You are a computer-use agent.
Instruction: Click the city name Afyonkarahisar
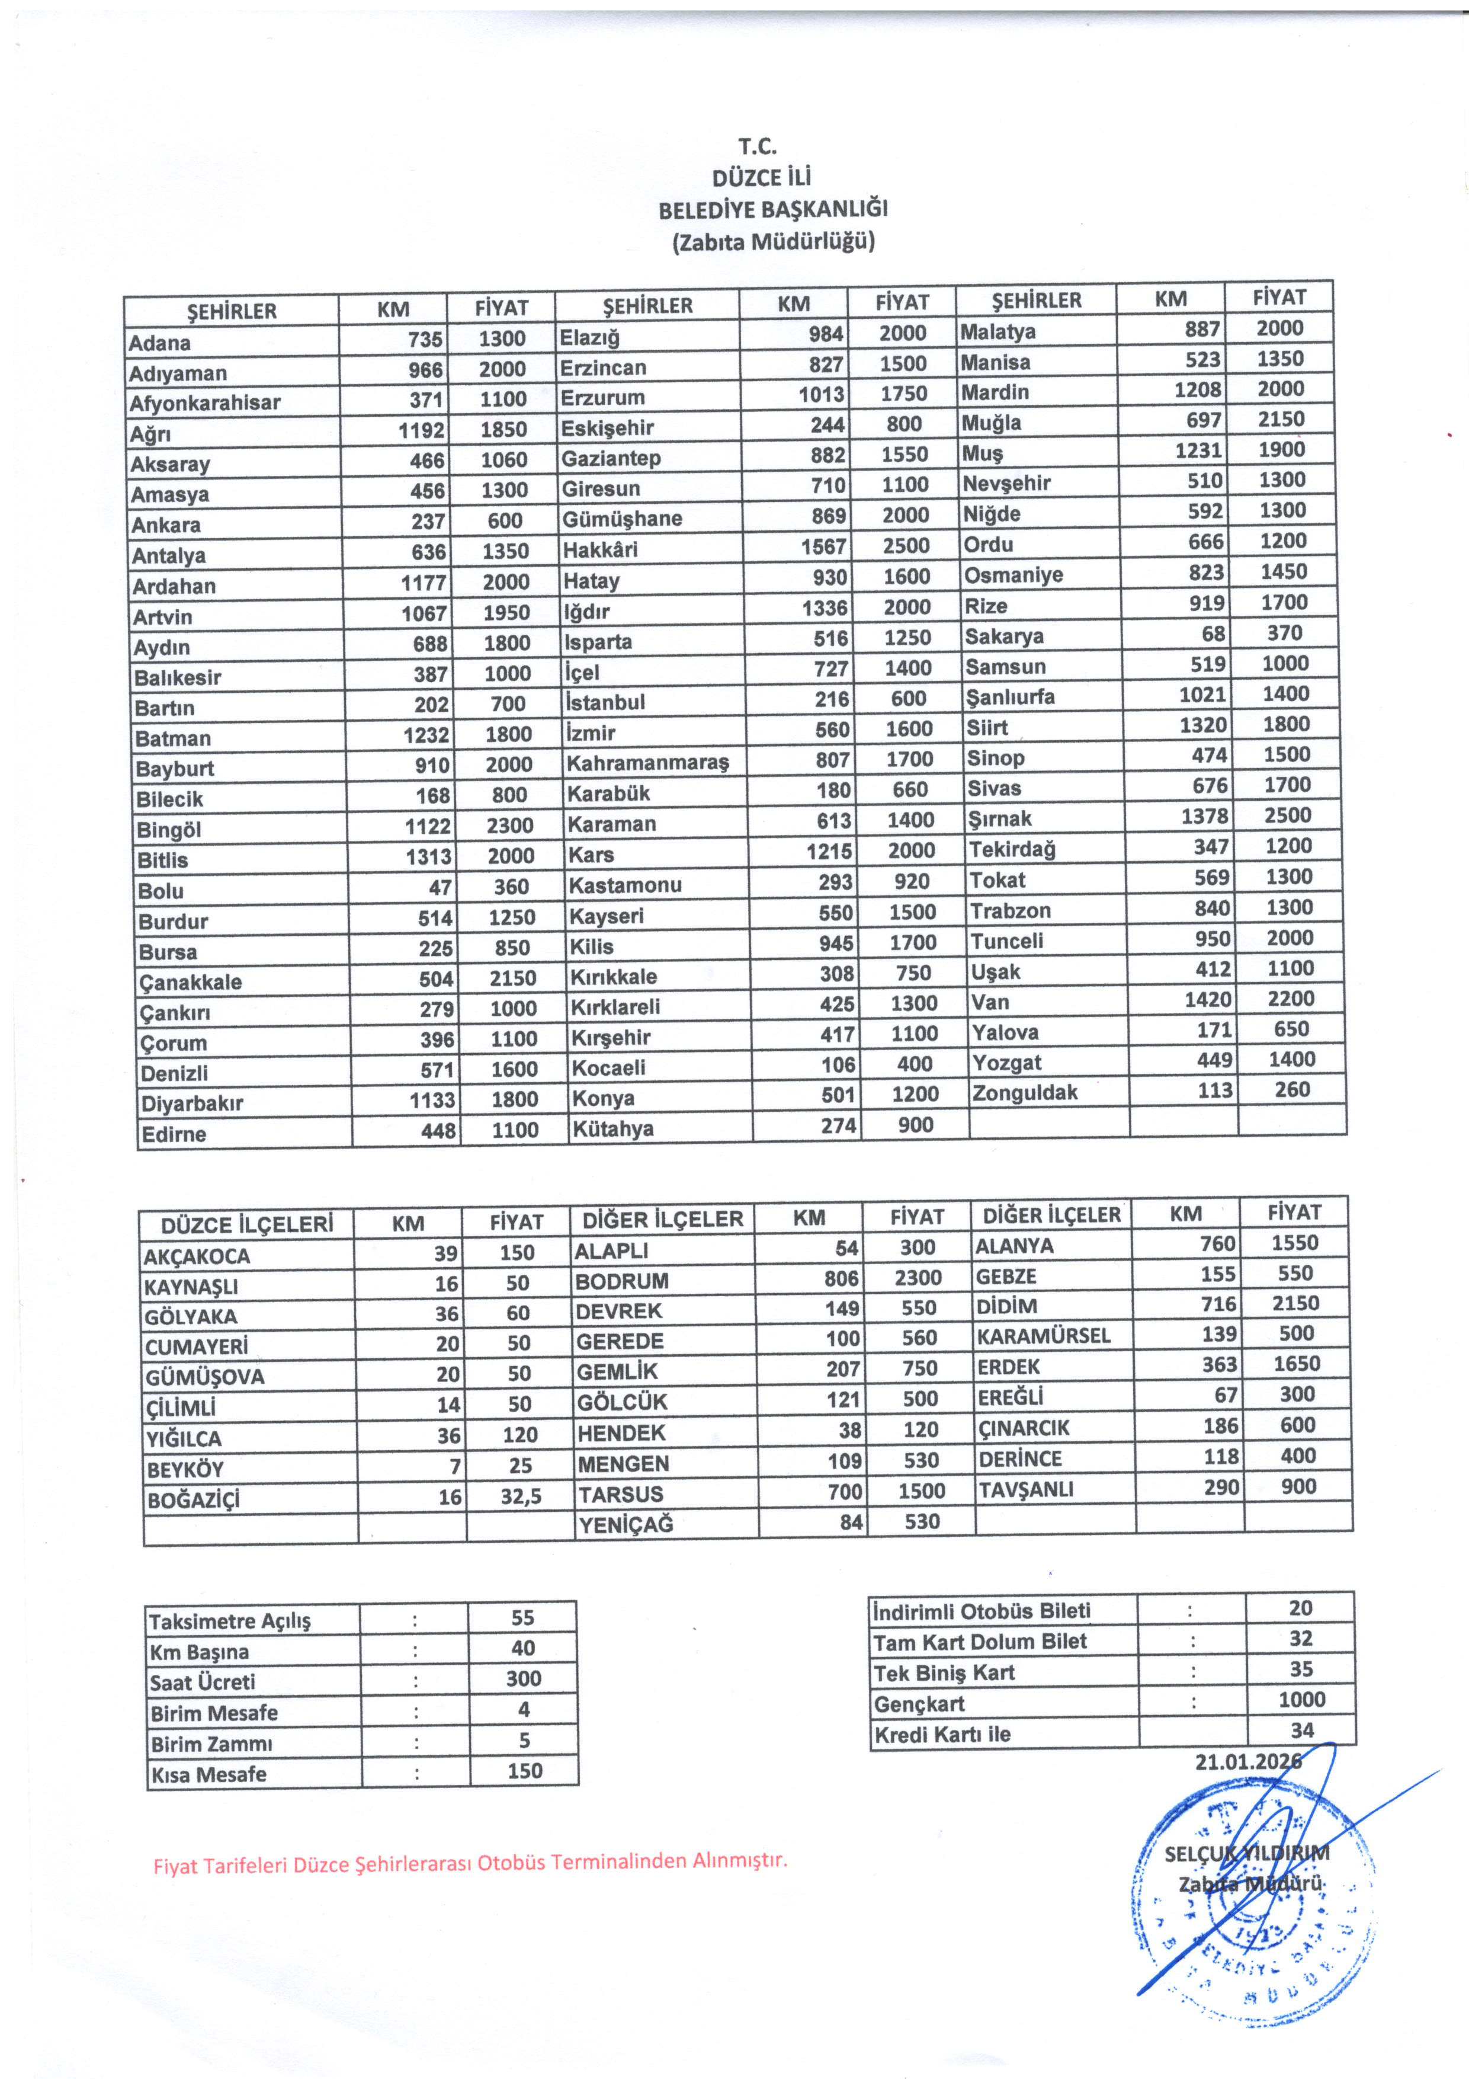click(206, 403)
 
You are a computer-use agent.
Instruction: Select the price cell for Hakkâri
click(906, 545)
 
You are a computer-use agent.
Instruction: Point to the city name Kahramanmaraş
click(647, 762)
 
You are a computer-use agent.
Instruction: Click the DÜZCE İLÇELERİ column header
click(247, 1225)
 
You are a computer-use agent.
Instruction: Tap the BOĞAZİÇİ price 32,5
click(521, 1497)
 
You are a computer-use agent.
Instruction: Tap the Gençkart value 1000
click(1301, 1700)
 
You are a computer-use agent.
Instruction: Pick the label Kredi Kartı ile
click(942, 1735)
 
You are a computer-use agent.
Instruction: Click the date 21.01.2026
click(1248, 1761)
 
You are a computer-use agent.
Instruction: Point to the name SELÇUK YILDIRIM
click(1246, 1853)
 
